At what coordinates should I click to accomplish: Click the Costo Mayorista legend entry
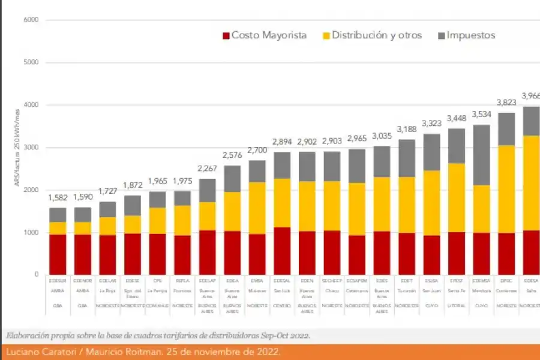coord(264,35)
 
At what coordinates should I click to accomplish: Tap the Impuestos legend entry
coord(466,35)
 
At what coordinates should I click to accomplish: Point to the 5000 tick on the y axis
coord(31,62)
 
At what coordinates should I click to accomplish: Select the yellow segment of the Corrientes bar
coord(506,189)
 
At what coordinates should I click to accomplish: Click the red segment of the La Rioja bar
coord(108,254)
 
